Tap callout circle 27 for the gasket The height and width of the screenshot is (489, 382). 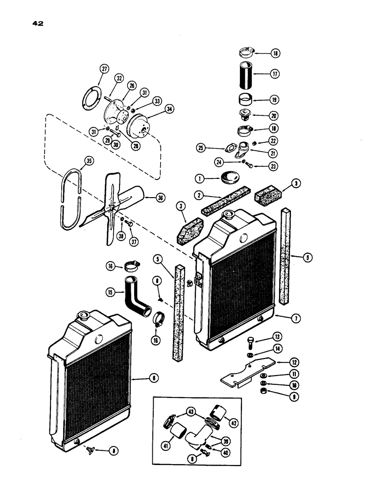(x=104, y=69)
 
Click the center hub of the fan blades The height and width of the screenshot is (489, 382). (x=113, y=208)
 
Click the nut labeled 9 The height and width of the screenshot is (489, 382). (x=264, y=393)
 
